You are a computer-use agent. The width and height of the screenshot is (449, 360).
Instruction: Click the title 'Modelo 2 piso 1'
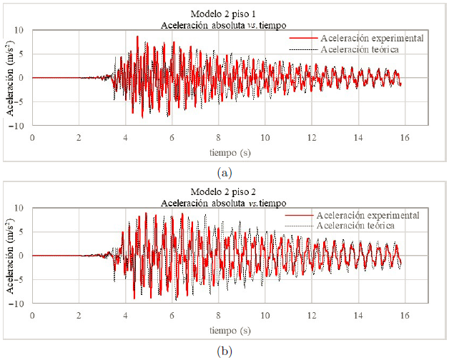224,14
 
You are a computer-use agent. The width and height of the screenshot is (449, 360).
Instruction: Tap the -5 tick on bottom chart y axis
21,280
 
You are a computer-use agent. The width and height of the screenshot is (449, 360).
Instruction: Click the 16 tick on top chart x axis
405,136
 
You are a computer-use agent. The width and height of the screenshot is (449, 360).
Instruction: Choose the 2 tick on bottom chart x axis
79,314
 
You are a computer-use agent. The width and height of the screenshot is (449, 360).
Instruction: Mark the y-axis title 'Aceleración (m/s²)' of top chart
9,78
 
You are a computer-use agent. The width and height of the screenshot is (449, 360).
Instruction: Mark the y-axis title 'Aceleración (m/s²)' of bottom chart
9,256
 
